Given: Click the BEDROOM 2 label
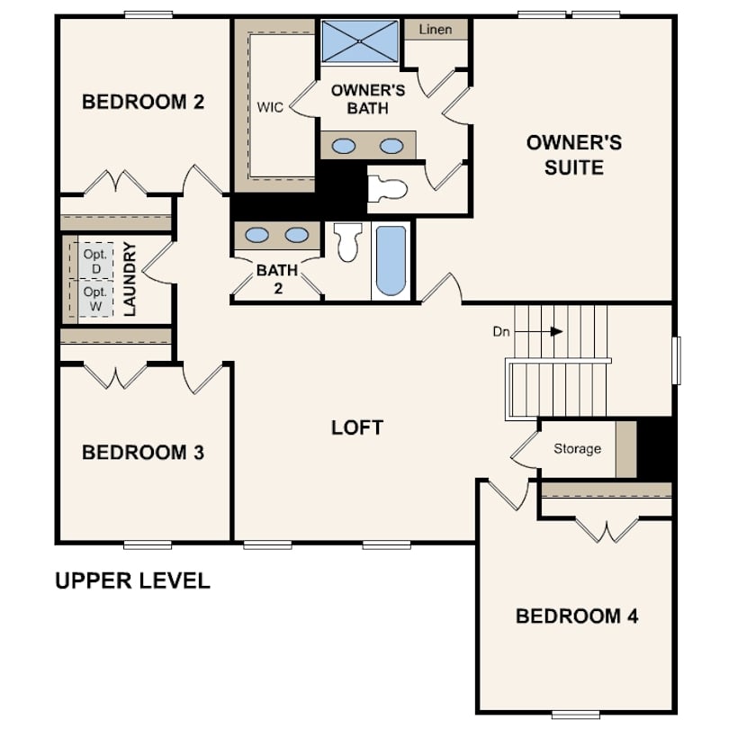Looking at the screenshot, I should coord(143,102).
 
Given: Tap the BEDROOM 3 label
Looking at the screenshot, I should coord(143,452).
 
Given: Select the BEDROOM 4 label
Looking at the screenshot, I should coord(577,616).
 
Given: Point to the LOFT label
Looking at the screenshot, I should coord(357,427).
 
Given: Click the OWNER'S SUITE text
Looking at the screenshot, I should coord(573,155).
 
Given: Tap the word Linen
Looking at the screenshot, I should coord(436,30).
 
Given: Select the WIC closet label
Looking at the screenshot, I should coord(270,107).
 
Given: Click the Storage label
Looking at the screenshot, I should coord(577,448).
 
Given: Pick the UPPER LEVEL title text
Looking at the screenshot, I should coord(132,580).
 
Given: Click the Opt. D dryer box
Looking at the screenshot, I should coord(94,260).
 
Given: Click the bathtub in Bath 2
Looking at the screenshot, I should coord(391,261).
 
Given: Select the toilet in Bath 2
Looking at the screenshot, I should coord(347,242).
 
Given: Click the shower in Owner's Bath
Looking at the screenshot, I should coord(360,40).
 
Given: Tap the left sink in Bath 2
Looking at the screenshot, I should coord(257,235).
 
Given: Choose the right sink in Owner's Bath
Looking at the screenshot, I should coord(391,145).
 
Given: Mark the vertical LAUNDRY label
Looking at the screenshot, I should coord(130,278).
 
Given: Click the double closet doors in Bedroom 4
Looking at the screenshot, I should coord(605,531).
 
